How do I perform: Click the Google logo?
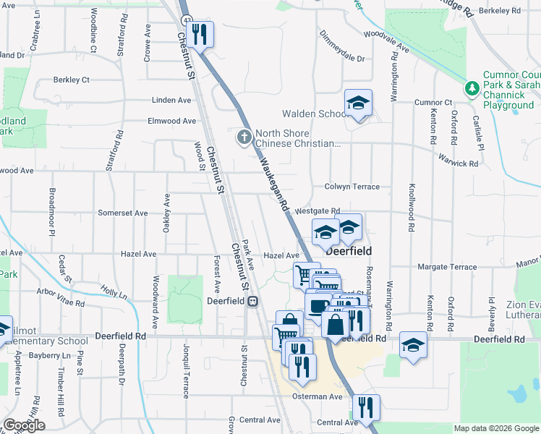click(24, 425)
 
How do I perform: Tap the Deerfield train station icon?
click(253, 301)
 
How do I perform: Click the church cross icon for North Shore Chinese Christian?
click(244, 135)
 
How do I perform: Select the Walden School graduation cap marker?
click(358, 103)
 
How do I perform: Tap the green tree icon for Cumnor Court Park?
click(472, 89)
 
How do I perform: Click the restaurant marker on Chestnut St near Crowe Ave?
click(200, 33)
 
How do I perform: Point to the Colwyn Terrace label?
click(352, 187)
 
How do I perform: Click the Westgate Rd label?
click(318, 210)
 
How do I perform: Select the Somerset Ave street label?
click(123, 213)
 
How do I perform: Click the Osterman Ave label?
click(317, 397)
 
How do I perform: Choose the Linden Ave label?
click(171, 100)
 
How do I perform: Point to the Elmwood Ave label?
click(172, 122)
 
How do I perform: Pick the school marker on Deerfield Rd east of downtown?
click(414, 344)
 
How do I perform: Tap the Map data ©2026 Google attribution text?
click(495, 428)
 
